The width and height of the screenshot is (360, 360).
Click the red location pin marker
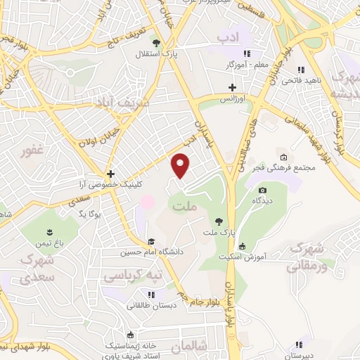[x=181, y=165]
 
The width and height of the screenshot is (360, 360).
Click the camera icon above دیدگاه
[x=263, y=190]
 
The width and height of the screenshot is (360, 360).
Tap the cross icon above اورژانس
[x=233, y=87]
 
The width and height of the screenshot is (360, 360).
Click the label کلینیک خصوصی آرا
[x=110, y=184]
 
